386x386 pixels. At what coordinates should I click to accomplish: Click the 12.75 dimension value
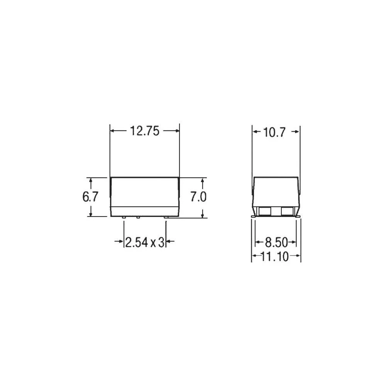(145, 131)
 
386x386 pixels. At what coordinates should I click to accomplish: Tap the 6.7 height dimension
(90, 197)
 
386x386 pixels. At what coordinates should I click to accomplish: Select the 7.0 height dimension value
(198, 197)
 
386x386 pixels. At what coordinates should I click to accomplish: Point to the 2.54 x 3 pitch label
(145, 242)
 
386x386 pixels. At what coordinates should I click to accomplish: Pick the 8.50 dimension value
(276, 242)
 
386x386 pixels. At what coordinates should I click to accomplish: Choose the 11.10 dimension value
(274, 257)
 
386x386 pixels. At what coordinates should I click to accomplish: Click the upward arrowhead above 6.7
(91, 180)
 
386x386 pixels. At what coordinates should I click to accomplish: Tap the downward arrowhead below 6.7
(91, 214)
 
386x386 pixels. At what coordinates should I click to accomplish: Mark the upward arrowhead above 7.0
(202, 180)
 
